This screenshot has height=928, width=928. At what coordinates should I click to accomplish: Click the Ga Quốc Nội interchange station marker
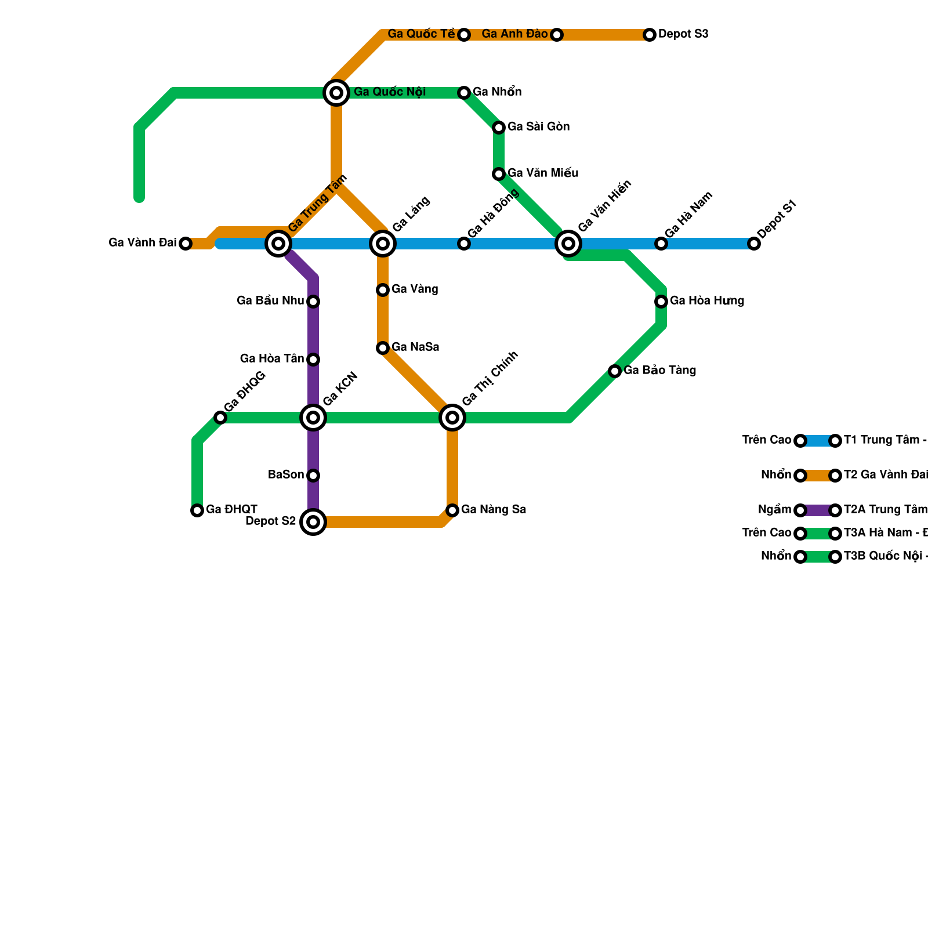coord(336,93)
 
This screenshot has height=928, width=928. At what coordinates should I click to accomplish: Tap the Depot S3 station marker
coord(650,35)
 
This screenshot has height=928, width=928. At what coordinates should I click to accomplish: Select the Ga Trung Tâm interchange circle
coord(278,244)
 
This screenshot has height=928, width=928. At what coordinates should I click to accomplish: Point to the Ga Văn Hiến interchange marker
coord(568,244)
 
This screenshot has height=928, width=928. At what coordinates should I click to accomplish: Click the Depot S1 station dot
coord(754,244)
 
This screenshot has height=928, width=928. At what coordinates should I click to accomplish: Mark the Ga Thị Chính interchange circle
coord(452,418)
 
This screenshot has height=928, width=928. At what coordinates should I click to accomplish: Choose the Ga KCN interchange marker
coord(313,418)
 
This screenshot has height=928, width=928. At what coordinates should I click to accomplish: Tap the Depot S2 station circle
coord(313,522)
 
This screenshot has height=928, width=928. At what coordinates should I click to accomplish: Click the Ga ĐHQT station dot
coord(197,510)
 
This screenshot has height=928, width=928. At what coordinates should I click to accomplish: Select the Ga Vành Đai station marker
coord(186,244)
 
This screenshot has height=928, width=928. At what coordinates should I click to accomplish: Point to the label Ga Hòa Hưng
coord(706,301)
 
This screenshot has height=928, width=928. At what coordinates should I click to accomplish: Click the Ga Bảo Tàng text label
coord(659,371)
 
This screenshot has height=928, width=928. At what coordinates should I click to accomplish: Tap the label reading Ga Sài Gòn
coord(538,127)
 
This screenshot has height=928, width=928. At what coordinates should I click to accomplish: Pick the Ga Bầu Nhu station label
coord(270,301)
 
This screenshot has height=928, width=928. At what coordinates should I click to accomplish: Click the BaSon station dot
coord(313,476)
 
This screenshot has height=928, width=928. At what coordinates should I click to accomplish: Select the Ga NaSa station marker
coord(383,348)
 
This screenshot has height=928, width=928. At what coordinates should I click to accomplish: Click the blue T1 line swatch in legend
coord(818,441)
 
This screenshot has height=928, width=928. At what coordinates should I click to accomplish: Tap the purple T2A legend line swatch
coord(818,510)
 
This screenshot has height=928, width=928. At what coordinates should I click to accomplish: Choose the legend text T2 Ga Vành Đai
coord(885,475)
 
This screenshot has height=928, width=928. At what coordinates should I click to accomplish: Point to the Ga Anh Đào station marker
coord(557,35)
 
